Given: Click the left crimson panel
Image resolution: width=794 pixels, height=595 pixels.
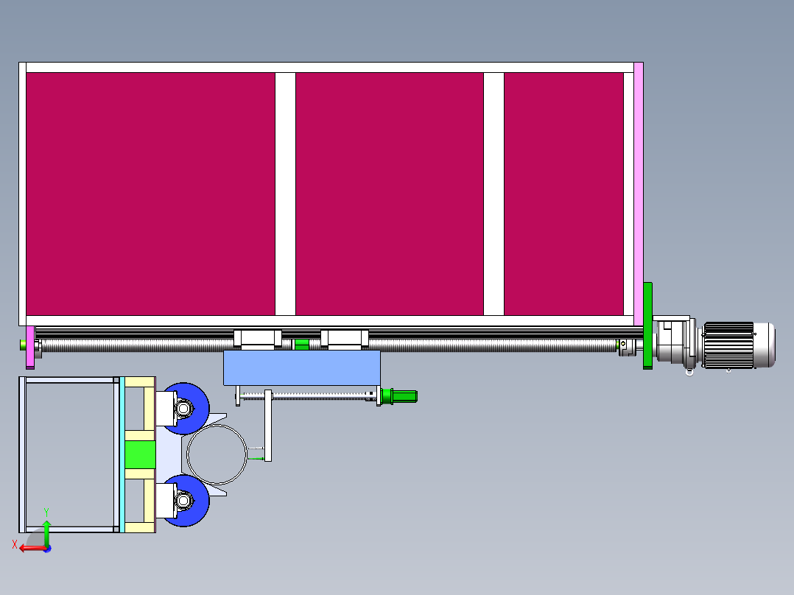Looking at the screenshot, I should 150,193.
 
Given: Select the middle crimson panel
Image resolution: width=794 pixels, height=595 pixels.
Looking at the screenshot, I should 389,193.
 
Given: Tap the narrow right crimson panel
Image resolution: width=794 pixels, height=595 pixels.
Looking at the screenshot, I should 563,193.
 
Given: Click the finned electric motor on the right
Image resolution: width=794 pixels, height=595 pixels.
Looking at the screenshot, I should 738,344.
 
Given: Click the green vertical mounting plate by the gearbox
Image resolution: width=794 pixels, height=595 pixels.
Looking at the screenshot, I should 647,325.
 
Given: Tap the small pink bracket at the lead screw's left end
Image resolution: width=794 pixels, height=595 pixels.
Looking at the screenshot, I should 29,347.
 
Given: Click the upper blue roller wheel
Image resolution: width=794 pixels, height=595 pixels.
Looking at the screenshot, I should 186,408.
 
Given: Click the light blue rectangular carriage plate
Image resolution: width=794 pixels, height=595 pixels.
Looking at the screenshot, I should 301,367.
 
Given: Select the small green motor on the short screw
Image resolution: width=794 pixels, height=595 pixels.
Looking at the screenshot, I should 402,396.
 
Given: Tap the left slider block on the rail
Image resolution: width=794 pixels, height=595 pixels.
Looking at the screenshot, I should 257,339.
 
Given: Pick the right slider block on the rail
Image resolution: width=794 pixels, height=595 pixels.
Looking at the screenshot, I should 344,339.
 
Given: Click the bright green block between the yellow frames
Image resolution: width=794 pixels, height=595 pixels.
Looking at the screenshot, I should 140,454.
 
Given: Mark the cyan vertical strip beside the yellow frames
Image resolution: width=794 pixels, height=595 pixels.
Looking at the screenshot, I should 122,454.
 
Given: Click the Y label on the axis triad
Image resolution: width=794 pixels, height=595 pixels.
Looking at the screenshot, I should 46,510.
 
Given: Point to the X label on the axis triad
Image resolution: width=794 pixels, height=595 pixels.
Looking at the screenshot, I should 15,544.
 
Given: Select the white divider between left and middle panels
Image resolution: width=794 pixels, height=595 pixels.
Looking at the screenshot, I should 285,193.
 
